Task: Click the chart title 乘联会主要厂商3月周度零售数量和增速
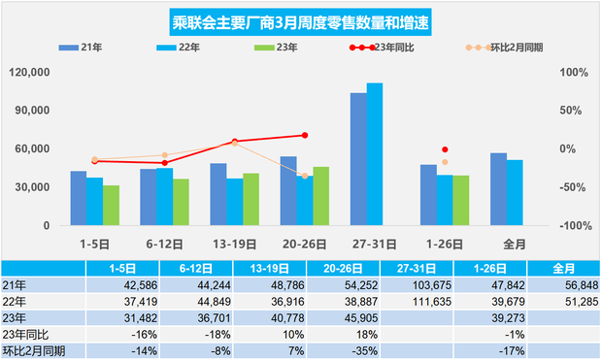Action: click(x=299, y=21)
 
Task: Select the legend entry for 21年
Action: click(x=82, y=47)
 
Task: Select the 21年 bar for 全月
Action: click(x=498, y=188)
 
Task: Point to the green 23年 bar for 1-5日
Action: click(x=111, y=205)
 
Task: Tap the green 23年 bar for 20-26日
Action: click(x=320, y=195)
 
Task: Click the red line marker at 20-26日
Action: click(x=305, y=135)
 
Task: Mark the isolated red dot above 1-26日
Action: click(x=445, y=149)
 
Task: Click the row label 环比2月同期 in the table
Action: click(x=34, y=346)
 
